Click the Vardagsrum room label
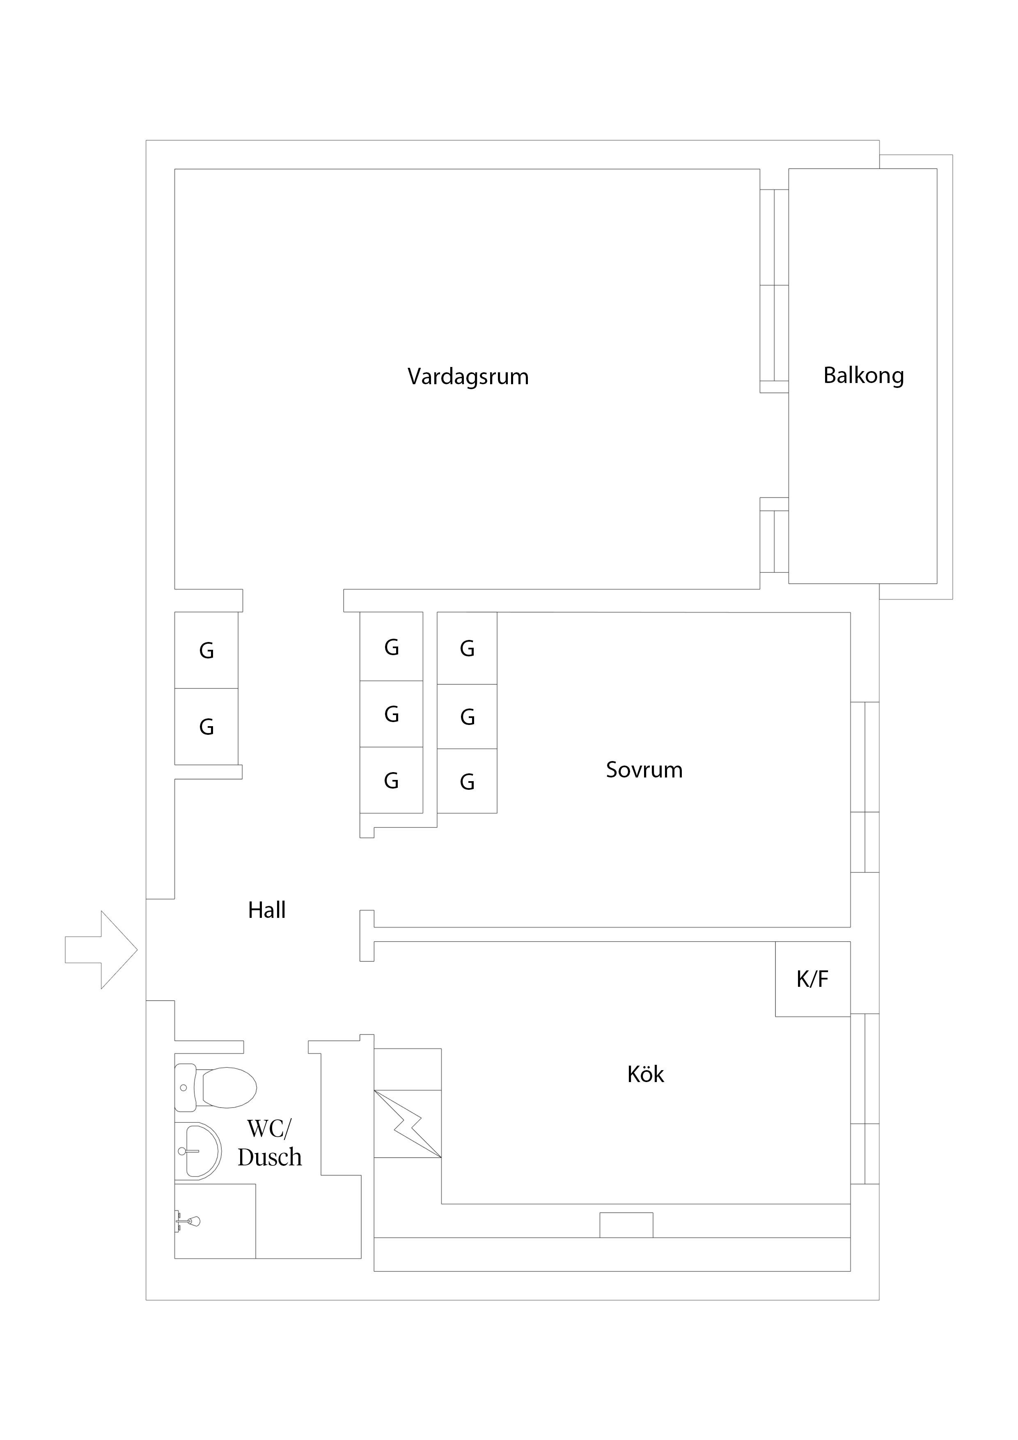pos(468,377)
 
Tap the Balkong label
pos(863,376)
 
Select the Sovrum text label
pos(644,770)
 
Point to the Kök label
pos(645,1074)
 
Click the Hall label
pos(266,910)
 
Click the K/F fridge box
pos(812,979)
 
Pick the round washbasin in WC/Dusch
pos(197,1151)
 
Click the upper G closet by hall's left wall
pos(206,650)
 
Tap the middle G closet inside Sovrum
pos(467,717)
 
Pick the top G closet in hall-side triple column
pos(391,647)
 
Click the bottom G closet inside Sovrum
pos(467,782)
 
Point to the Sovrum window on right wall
pos(864,787)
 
